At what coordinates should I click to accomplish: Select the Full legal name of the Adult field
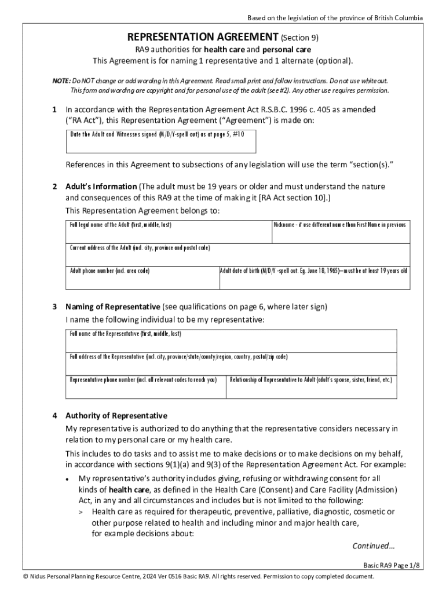point(168,232)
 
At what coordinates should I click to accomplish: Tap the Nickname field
point(340,232)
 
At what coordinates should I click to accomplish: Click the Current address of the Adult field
point(237,255)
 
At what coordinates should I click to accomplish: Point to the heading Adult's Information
point(101,186)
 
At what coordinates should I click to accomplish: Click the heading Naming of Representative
point(112,306)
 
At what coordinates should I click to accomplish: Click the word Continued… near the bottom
point(374,546)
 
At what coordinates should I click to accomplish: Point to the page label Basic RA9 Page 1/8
point(392,565)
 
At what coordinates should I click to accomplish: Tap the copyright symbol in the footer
point(25,577)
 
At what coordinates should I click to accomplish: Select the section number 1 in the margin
point(54,109)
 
